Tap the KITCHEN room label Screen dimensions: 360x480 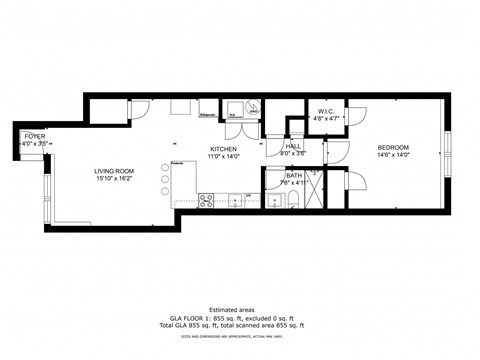223,148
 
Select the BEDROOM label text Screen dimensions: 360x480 393,147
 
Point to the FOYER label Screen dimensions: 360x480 35,137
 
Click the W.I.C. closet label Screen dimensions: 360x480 325,110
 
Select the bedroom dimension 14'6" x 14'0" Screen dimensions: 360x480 393,155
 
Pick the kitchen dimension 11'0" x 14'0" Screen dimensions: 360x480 223,156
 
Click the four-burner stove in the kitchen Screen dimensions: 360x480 206,199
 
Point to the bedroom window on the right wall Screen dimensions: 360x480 448,151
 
